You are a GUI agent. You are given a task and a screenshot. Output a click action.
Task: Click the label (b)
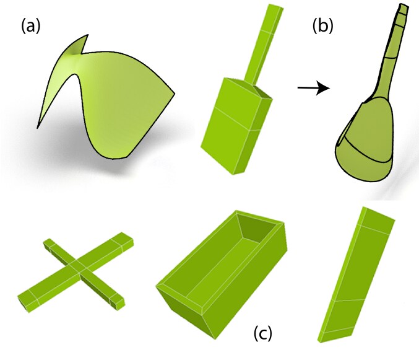tap(324, 26)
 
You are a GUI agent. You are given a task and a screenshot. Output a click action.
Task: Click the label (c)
tap(263, 334)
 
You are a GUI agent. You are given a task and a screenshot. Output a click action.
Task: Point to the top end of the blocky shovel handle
tap(274, 9)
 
